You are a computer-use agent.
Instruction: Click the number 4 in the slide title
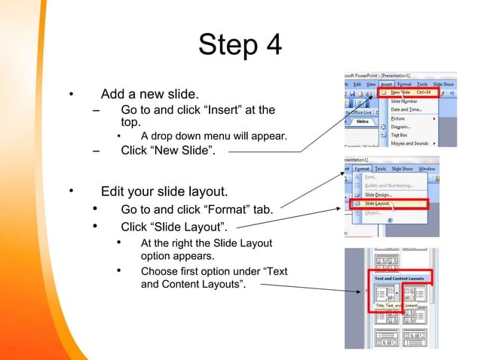click(x=269, y=46)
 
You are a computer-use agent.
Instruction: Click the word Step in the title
click(x=225, y=46)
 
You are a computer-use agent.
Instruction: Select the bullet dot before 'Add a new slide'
click(x=69, y=95)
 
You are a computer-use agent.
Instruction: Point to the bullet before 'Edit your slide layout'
click(x=69, y=191)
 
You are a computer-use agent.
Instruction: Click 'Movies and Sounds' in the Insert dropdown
click(x=409, y=143)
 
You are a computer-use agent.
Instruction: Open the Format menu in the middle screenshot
click(x=361, y=169)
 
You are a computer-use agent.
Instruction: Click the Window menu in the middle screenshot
click(x=427, y=169)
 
